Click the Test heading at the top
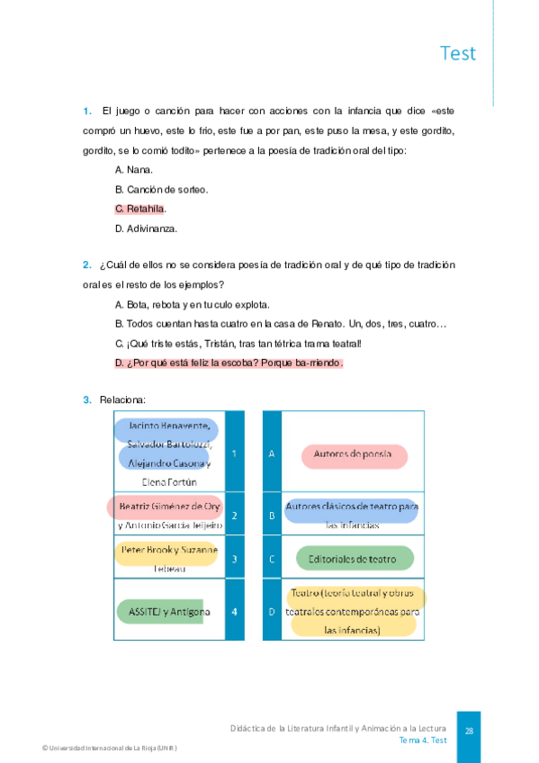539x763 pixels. [458, 53]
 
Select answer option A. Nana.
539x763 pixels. [134, 169]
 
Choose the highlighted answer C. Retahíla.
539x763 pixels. [140, 209]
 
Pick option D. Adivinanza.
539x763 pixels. [146, 229]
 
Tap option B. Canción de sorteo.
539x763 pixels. [161, 189]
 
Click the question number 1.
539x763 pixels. [86, 112]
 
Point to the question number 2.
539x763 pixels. [86, 265]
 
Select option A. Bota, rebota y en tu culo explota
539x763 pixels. [193, 304]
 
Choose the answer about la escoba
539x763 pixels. [229, 364]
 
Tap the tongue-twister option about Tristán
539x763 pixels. [238, 344]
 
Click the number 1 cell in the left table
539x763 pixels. [234, 453]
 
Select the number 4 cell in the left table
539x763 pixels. [234, 612]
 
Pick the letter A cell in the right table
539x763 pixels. [272, 453]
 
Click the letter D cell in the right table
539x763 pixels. [272, 612]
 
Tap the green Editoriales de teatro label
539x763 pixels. [353, 559]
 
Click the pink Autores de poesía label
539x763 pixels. [353, 454]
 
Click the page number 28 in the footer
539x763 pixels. [469, 731]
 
